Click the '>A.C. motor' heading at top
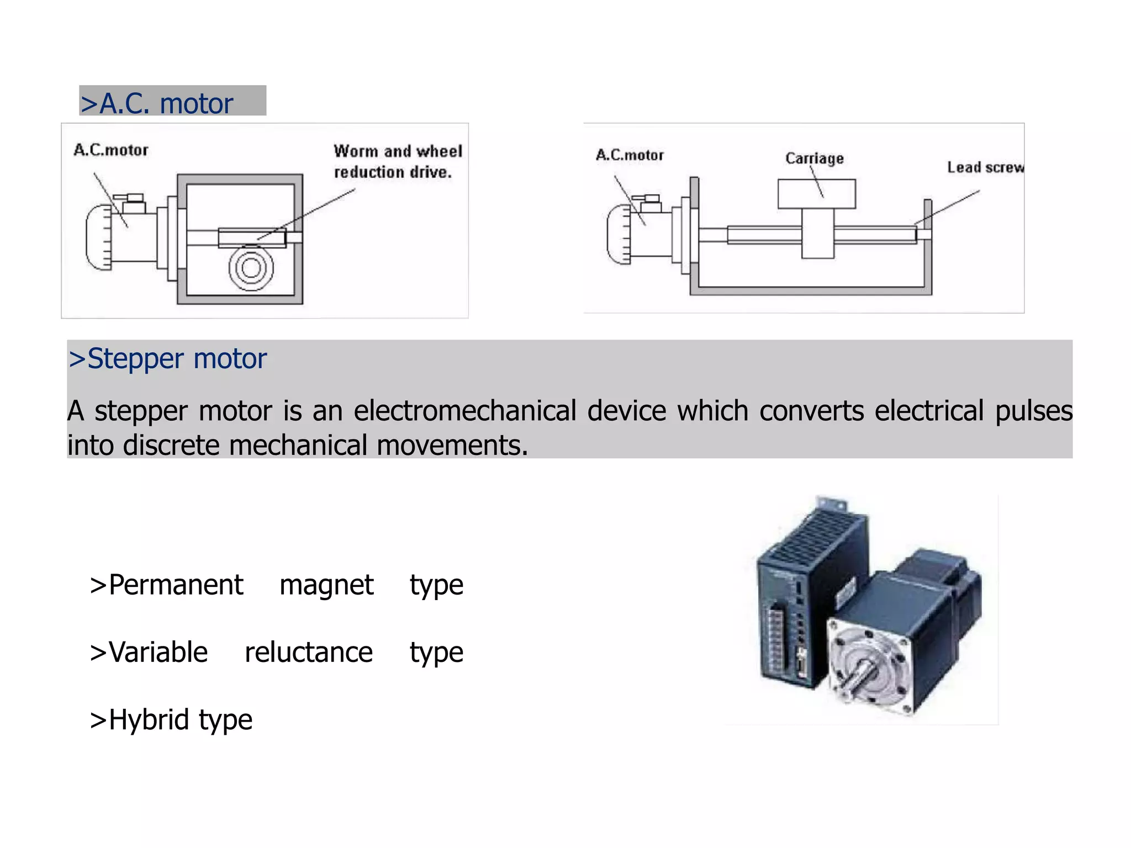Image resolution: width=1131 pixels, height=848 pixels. tap(157, 103)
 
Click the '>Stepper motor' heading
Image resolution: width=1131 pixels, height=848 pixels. tap(168, 358)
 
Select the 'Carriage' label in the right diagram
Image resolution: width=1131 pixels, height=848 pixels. tap(815, 158)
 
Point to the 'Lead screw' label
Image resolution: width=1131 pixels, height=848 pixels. tap(985, 167)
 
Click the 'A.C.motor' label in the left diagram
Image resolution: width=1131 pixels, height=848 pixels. tap(111, 150)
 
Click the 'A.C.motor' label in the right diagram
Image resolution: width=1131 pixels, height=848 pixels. tap(630, 155)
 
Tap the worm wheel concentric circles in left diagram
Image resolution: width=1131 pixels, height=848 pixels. tap(251, 268)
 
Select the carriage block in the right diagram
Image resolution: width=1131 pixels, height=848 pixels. tap(817, 194)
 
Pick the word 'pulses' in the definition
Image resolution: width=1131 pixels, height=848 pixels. tap(1033, 411)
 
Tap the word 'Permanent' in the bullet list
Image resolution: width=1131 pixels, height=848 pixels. tap(176, 585)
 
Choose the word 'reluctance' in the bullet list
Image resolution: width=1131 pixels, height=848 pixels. tap(309, 653)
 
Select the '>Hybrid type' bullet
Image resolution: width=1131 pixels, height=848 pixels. tap(171, 720)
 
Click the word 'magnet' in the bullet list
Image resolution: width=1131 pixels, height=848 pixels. tap(326, 585)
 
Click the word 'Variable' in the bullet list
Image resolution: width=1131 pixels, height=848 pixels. tap(158, 653)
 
